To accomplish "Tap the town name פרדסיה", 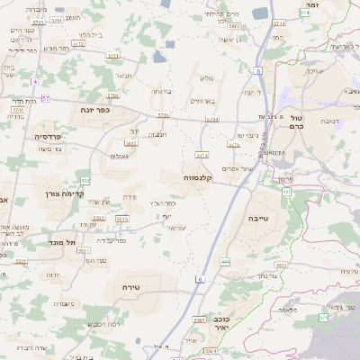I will click(48, 136).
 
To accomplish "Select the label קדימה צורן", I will click(63, 193).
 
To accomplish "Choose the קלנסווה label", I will click(198, 177).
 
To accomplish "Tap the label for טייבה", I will click(259, 218).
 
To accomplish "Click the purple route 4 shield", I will click(34, 82).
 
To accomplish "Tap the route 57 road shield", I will click(45, 97).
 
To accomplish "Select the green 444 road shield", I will click(225, 262).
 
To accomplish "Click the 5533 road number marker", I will click(281, 265).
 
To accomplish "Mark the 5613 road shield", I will click(132, 144).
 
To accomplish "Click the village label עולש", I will click(205, 78).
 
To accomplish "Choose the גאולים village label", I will click(118, 157).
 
